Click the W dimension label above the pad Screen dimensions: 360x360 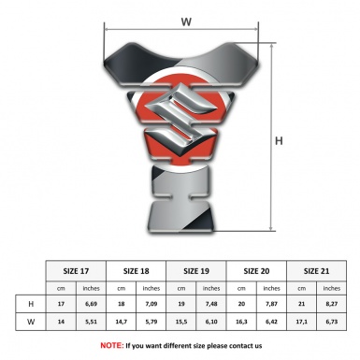pyautogui.click(x=186, y=22)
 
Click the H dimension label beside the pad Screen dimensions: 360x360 pyautogui.click(x=279, y=141)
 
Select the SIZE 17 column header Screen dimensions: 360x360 pyautogui.click(x=76, y=271)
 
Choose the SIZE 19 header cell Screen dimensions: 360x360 pyautogui.click(x=196, y=271)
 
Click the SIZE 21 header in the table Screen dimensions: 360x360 pyautogui.click(x=316, y=271)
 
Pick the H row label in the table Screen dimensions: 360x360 pyautogui.click(x=31, y=304)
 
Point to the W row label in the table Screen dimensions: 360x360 pyautogui.click(x=31, y=322)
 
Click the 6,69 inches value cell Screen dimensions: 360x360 pyautogui.click(x=91, y=304)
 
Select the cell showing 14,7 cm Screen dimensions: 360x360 pyautogui.click(x=121, y=322)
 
